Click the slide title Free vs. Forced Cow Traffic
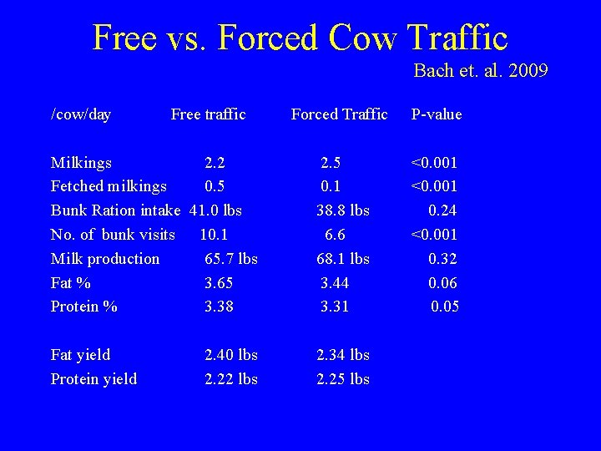pos(300,38)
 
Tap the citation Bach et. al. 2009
pos(480,71)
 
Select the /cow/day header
pos(81,114)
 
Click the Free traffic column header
pos(208,114)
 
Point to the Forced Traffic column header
pos(339,114)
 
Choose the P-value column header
pos(436,114)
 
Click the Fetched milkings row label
pos(109,186)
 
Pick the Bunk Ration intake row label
pos(116,210)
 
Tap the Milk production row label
pos(105,259)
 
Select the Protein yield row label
pos(94,379)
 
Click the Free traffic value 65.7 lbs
pos(231,259)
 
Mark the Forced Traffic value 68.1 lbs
pos(342,259)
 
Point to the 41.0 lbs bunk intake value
pos(216,210)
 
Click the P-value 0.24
pos(442,210)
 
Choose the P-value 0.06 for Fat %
pos(442,283)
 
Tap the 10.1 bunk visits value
pos(215,235)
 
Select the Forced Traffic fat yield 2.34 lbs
pos(342,355)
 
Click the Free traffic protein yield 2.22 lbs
pos(231,379)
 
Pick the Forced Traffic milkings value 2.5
pos(331,162)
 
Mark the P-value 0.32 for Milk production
pos(442,259)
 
